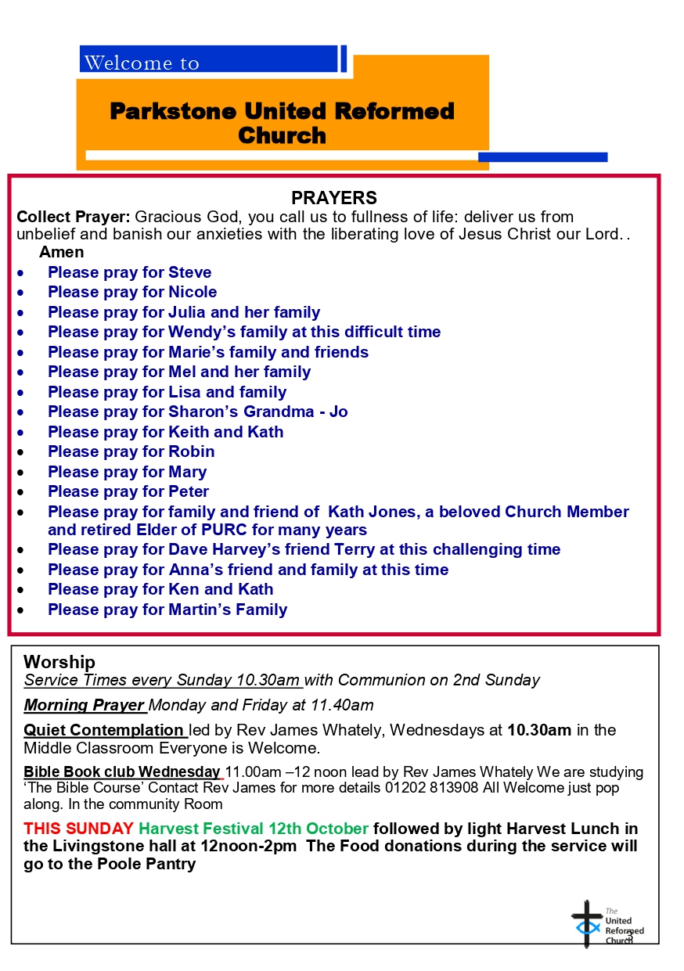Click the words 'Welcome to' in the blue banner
pos(142,63)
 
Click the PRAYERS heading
pos(334,198)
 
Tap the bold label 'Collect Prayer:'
pos(74,217)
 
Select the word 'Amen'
pos(62,252)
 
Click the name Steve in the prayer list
pos(190,272)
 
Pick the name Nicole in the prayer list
pos(193,292)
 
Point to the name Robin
pos(192,451)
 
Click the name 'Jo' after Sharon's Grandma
pos(338,412)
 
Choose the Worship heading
pos(59,662)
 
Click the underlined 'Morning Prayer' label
pos(85,705)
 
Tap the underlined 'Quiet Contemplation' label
pos(103,730)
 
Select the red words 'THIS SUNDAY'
pos(78,829)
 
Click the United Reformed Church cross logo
pos(588,923)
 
